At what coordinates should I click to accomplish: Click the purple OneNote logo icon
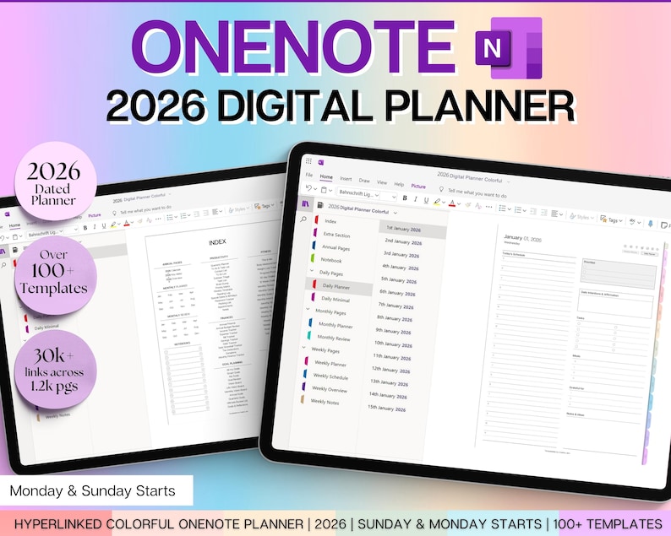pos(505,48)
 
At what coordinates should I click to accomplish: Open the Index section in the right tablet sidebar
pos(330,221)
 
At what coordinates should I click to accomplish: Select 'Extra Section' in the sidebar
pos(337,235)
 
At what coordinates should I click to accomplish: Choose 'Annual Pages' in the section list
pos(336,247)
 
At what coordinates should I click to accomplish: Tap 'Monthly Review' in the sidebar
pos(335,338)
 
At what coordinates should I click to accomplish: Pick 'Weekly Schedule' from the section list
pos(330,376)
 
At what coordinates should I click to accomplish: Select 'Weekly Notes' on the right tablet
pos(325,401)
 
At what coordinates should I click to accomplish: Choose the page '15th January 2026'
pos(388,408)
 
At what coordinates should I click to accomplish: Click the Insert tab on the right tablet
pos(346,179)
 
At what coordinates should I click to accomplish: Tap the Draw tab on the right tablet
pos(364,181)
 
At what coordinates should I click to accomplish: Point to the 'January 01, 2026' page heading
pos(523,239)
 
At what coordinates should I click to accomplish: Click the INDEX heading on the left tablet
pos(217,242)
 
